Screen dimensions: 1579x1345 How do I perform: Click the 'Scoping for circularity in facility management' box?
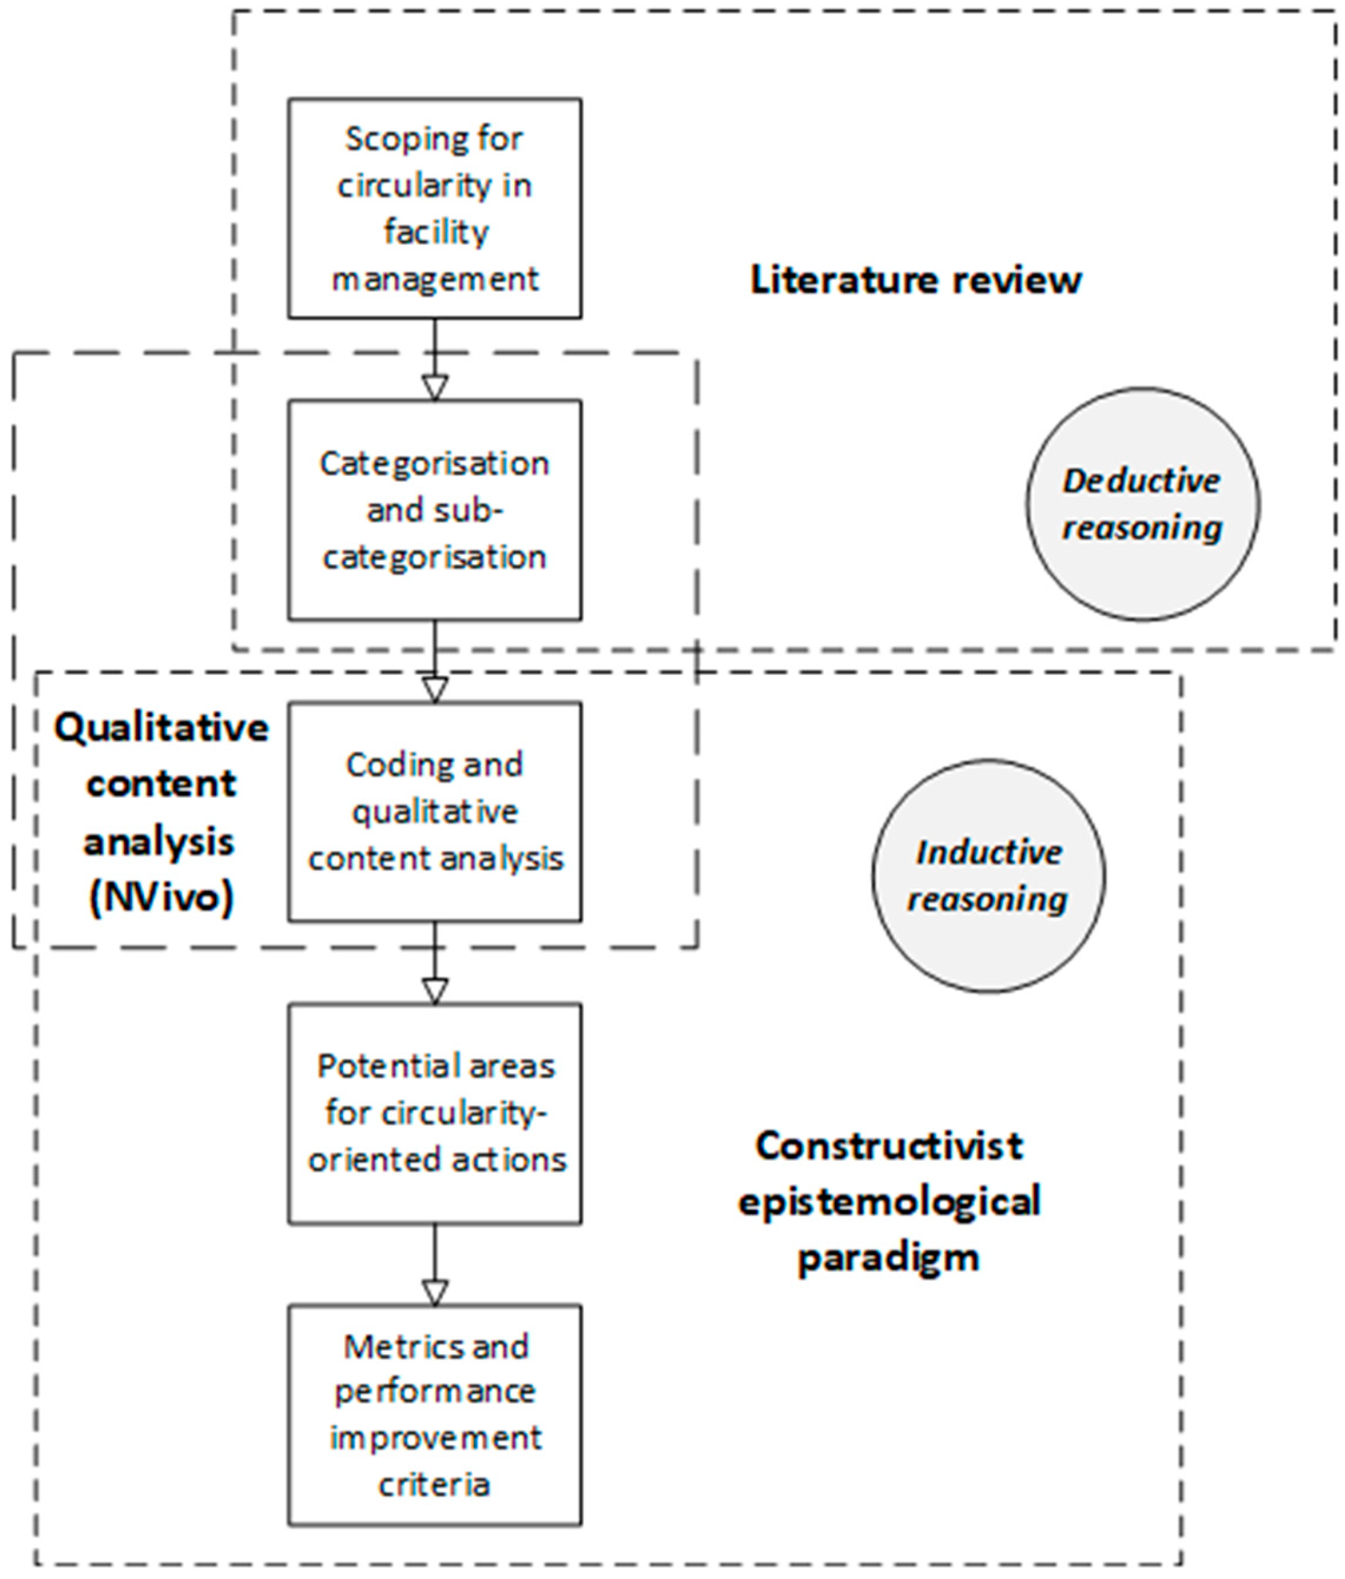click(x=435, y=208)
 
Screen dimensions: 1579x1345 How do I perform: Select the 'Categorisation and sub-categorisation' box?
click(x=435, y=509)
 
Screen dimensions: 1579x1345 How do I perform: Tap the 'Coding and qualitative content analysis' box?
click(x=435, y=811)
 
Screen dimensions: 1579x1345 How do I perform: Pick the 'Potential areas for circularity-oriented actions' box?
click(x=435, y=1113)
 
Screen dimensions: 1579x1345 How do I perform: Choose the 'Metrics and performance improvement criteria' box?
click(x=435, y=1414)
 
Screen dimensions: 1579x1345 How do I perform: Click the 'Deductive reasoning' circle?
click(x=1141, y=505)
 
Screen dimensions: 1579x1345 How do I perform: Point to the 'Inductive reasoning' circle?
click(x=987, y=875)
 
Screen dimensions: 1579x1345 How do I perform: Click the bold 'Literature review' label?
click(x=915, y=280)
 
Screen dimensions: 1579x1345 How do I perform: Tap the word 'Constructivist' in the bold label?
click(x=889, y=1145)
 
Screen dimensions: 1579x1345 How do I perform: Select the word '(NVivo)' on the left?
click(x=161, y=898)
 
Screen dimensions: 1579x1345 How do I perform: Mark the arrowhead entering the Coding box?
click(x=435, y=690)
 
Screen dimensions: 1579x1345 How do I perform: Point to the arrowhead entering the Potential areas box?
click(x=435, y=992)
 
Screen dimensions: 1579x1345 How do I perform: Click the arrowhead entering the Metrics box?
click(x=435, y=1294)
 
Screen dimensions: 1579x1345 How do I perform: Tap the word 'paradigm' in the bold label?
click(x=889, y=1256)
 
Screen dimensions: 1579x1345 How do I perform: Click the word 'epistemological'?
click(x=889, y=1201)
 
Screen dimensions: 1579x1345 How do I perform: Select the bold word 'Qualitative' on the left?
click(x=161, y=728)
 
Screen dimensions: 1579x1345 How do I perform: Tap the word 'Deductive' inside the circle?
click(x=1141, y=481)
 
